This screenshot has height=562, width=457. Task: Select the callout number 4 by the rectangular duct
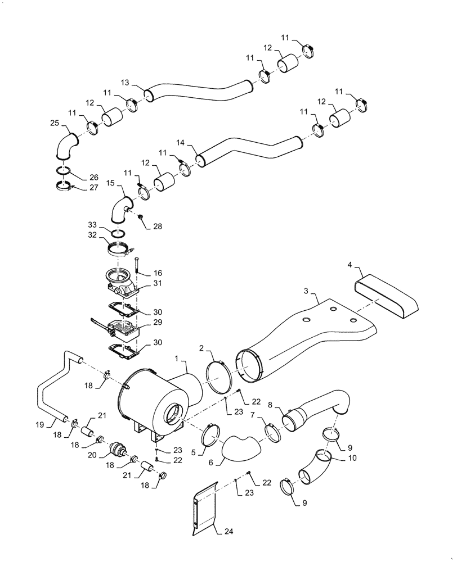350,264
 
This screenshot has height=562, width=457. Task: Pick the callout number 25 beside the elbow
54,123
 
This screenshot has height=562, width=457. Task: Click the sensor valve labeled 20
117,449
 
